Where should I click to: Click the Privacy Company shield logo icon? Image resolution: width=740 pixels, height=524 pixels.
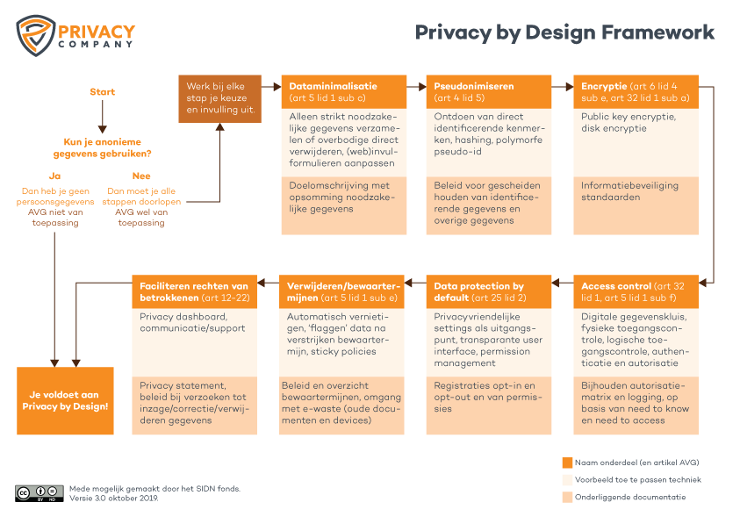34,34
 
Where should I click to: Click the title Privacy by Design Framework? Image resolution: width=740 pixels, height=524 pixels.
564,33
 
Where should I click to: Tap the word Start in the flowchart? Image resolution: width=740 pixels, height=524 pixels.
102,92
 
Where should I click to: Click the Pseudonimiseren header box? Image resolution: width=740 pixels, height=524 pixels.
488,92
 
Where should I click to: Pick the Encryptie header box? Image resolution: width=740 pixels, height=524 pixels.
636,92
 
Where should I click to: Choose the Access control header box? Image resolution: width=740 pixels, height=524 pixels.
636,291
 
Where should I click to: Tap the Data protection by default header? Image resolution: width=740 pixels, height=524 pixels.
488,291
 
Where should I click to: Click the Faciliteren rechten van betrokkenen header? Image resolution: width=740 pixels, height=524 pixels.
195,291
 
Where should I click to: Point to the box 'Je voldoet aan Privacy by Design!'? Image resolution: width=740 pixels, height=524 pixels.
65,400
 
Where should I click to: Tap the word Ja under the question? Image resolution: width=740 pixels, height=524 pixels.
54,176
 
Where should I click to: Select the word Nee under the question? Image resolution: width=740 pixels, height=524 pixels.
141,176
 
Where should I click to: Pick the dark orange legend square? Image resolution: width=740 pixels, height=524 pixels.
566,463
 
